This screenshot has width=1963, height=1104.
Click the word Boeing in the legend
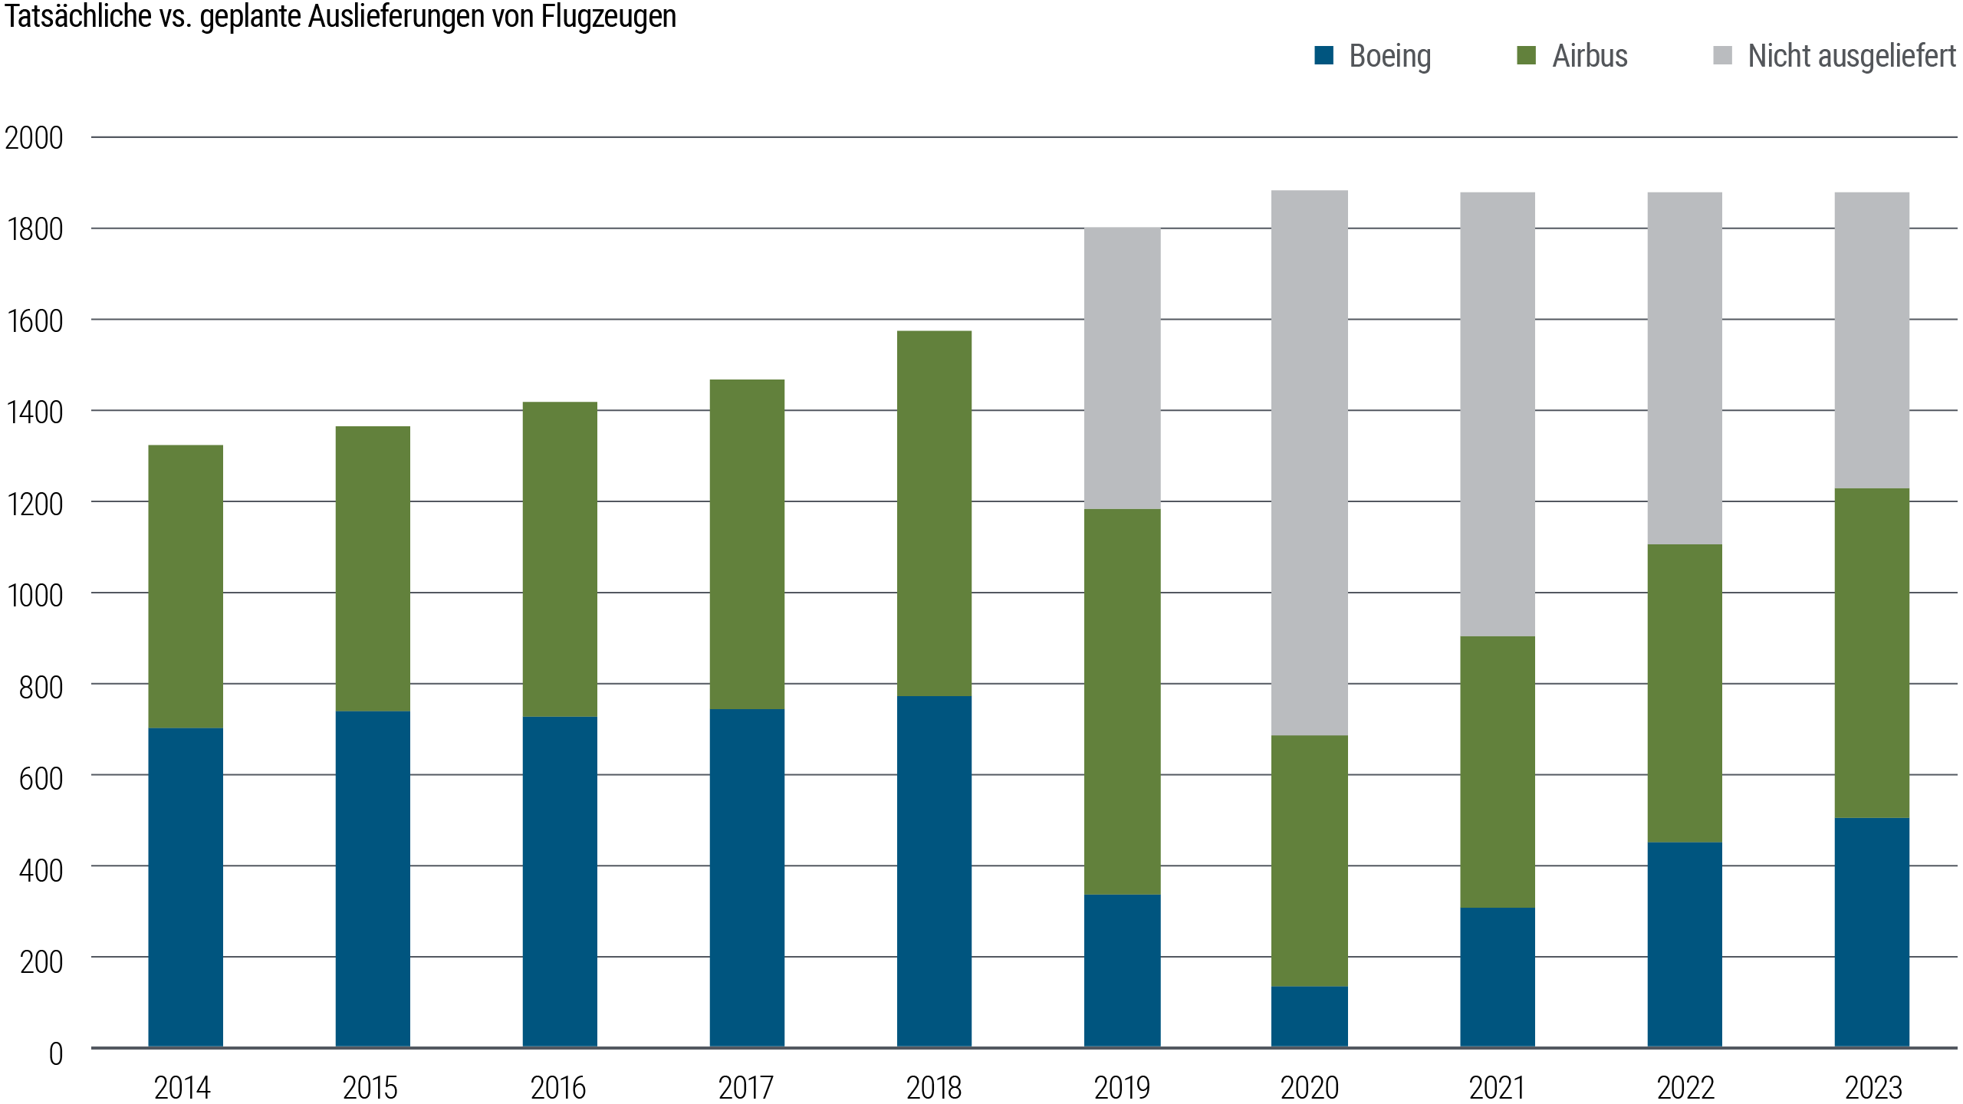[x=1389, y=56]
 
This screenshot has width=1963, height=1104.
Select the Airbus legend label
[x=1590, y=56]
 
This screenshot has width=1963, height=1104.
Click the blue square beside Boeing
[x=1324, y=55]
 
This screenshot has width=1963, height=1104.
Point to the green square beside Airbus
[x=1527, y=55]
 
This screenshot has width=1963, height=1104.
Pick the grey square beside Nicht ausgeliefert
[x=1722, y=55]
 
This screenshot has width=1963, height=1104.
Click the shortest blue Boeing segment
[x=1310, y=1017]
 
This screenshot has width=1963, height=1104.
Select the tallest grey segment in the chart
[x=1310, y=463]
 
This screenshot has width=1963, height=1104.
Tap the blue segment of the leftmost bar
[x=186, y=887]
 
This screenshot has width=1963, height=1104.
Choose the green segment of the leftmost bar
[x=186, y=586]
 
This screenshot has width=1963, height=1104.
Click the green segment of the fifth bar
[x=935, y=514]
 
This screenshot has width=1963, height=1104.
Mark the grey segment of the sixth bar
[x=1123, y=369]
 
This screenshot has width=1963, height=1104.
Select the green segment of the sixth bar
[x=1123, y=701]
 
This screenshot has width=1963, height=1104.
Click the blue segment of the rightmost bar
[x=1872, y=932]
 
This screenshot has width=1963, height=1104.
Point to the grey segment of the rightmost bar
[x=1872, y=340]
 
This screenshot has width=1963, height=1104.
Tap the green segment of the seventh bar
[x=1310, y=861]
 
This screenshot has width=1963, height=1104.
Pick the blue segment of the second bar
[x=373, y=879]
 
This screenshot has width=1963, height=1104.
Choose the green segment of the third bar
[x=560, y=560]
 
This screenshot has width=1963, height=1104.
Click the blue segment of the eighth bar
[x=1498, y=978]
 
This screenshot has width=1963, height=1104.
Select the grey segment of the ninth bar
[x=1685, y=368]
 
